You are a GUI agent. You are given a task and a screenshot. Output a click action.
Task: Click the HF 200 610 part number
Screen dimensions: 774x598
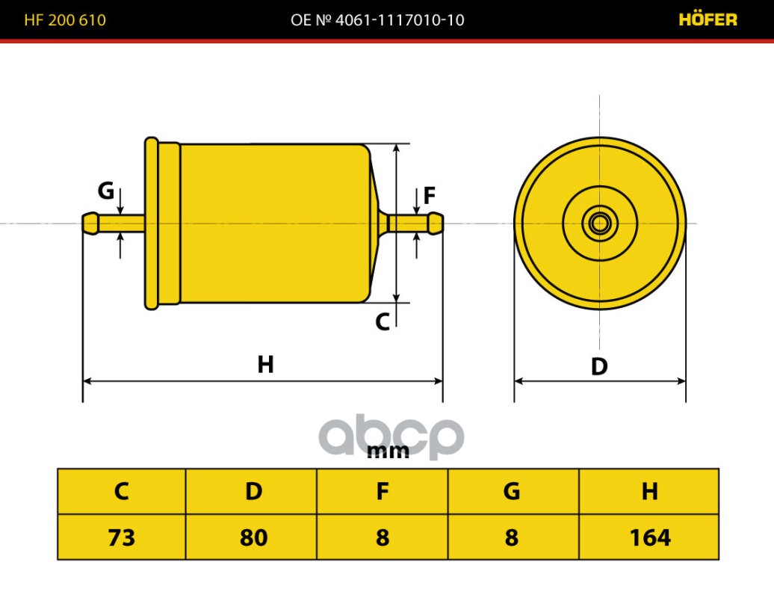(65, 19)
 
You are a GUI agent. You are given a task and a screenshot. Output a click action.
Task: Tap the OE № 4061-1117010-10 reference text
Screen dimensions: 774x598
(377, 19)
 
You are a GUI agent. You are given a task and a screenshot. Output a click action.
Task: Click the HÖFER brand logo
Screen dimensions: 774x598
(708, 19)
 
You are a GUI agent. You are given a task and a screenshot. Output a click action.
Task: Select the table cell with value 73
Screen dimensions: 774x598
(122, 537)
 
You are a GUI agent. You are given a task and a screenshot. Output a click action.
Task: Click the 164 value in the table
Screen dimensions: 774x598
(649, 537)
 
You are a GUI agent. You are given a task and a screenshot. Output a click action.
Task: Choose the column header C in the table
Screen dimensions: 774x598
(122, 491)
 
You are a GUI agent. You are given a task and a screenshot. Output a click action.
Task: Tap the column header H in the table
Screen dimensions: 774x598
(649, 491)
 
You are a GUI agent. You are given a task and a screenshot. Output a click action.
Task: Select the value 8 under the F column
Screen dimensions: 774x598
(382, 537)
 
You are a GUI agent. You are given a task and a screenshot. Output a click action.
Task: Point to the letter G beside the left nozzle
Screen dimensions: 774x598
(105, 191)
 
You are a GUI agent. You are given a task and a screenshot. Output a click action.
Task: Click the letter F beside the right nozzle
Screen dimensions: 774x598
(430, 196)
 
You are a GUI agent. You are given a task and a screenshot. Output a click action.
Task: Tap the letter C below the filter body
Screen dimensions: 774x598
(383, 321)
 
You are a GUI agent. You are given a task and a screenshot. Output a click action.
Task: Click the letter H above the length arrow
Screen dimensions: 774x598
(265, 365)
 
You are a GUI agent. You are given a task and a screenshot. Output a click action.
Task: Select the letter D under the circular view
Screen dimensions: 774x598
(599, 366)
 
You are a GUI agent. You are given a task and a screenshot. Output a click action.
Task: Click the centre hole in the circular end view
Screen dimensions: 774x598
(600, 224)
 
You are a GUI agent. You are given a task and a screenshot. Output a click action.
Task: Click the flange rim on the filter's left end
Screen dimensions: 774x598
(152, 224)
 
